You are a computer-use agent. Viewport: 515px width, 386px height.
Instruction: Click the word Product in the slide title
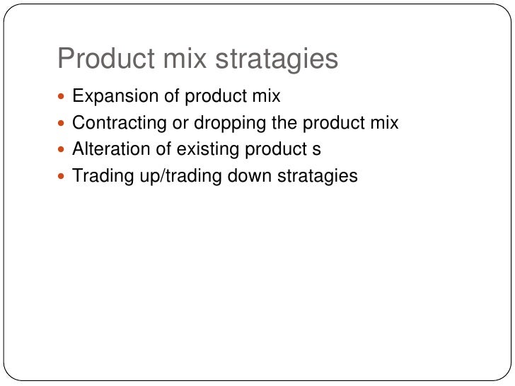tap(100, 59)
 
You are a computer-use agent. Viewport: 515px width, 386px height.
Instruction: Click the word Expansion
tap(112, 96)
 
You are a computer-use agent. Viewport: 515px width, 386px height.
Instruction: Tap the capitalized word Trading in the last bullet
tap(100, 175)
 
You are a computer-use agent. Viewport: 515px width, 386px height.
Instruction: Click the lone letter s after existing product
tap(317, 150)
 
